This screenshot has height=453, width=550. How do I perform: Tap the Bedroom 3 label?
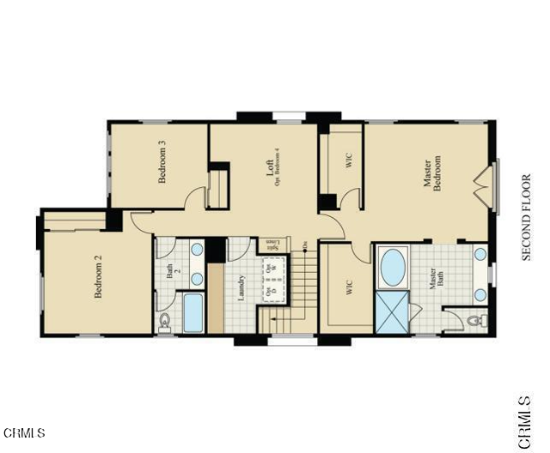click(x=162, y=163)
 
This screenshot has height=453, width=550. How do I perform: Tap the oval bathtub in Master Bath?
click(x=393, y=268)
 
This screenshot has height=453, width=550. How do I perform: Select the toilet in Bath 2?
click(x=166, y=322)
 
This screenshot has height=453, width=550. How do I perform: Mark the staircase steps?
click(x=296, y=283)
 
